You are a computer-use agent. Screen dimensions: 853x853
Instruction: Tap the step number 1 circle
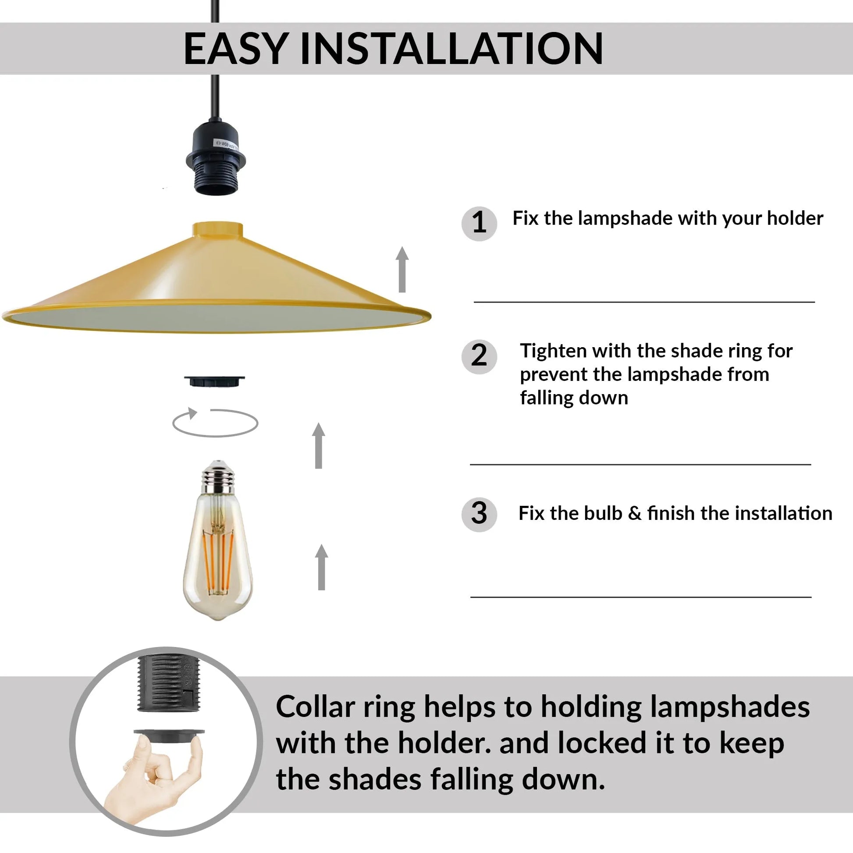(x=479, y=223)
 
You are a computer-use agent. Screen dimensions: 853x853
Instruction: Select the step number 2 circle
(x=479, y=356)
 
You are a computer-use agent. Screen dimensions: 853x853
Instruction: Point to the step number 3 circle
(x=479, y=514)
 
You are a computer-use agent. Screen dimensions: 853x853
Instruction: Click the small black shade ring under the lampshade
(x=215, y=380)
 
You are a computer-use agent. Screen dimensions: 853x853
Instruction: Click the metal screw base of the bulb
(x=217, y=478)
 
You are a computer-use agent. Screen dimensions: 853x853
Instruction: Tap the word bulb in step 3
(x=603, y=513)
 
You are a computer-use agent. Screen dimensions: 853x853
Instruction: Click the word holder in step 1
(x=795, y=219)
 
